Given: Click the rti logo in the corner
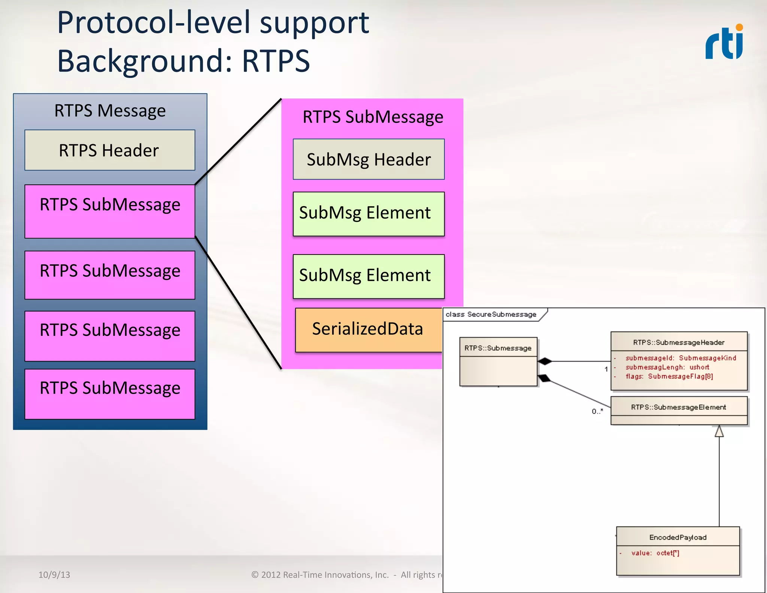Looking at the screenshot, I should (x=725, y=42).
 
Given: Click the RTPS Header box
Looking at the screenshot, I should (x=110, y=150).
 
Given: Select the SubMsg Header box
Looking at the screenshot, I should (x=369, y=159).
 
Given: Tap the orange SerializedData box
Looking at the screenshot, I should (x=368, y=329).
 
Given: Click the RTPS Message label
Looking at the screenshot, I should (x=110, y=111).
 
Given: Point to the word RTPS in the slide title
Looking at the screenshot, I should (x=276, y=61).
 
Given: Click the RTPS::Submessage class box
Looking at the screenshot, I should (x=498, y=362).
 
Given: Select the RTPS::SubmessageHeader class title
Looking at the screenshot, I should (x=679, y=342).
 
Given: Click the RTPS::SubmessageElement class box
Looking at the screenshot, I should (x=679, y=410).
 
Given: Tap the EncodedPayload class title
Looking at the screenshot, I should (x=678, y=537).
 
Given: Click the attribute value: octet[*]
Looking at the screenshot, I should (x=655, y=553).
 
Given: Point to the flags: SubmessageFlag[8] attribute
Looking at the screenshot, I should (x=669, y=376).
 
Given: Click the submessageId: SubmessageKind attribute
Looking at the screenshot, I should (x=680, y=358).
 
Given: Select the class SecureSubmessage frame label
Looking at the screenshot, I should (x=491, y=314).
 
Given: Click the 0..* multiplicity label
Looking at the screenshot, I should (x=597, y=411).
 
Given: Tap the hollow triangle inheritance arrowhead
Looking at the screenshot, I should (x=719, y=431).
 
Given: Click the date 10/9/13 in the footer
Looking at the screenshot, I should (x=54, y=575).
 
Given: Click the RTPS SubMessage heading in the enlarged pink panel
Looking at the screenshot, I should (x=373, y=117).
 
